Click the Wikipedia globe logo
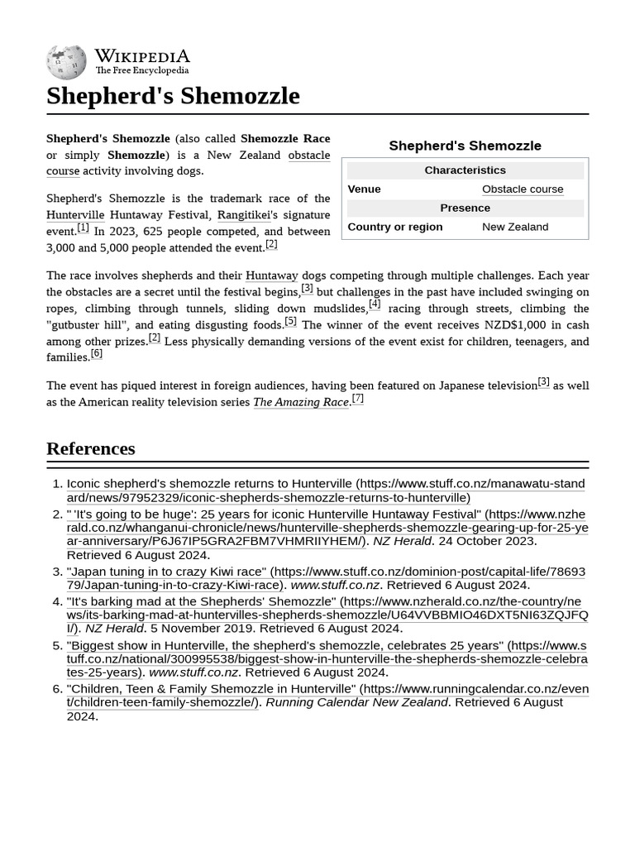pyautogui.click(x=66, y=61)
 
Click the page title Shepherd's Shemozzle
pyautogui.click(x=173, y=96)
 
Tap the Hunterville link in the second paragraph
pyautogui.click(x=74, y=215)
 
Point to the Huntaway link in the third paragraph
pyautogui.click(x=271, y=275)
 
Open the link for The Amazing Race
pyautogui.click(x=300, y=402)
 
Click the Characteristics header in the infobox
pyautogui.click(x=465, y=170)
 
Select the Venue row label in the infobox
pyautogui.click(x=364, y=189)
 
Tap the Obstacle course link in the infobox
pyautogui.click(x=522, y=189)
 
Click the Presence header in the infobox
pyautogui.click(x=465, y=208)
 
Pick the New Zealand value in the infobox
pyautogui.click(x=514, y=227)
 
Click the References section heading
pyautogui.click(x=91, y=448)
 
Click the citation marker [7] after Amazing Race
pyautogui.click(x=357, y=399)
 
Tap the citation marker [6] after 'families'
pyautogui.click(x=96, y=354)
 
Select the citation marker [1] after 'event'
pyautogui.click(x=83, y=227)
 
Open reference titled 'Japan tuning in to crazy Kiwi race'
pyautogui.click(x=166, y=572)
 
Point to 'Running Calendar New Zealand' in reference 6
pyautogui.click(x=356, y=702)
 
